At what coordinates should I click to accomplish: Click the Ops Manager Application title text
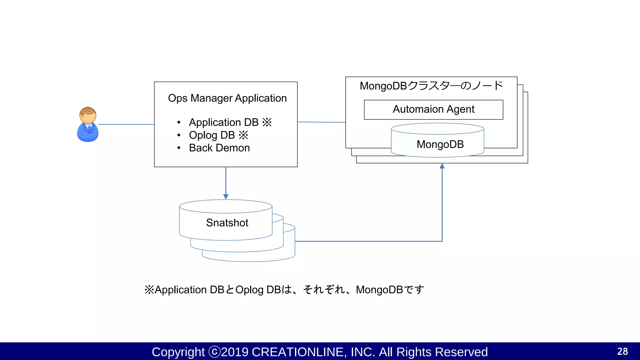tap(227, 98)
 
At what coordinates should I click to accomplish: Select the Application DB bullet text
tap(223, 122)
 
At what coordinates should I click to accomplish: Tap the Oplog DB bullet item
tap(212, 135)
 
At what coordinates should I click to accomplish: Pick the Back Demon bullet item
tap(219, 148)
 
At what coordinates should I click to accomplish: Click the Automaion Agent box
tap(433, 109)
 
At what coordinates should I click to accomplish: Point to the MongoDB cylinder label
tap(440, 144)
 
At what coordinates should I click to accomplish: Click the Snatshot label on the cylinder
tap(227, 223)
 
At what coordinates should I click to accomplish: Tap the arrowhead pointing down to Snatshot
tap(226, 197)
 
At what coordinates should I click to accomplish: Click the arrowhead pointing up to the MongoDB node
tap(442, 166)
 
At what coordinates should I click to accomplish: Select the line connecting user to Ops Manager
tap(126, 124)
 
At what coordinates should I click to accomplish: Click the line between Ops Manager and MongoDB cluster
tap(321, 122)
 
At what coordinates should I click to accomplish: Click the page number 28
tap(622, 352)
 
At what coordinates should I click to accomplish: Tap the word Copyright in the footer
tap(178, 352)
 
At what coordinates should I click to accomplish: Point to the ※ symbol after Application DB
tap(267, 122)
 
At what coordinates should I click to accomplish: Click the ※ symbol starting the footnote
tap(149, 290)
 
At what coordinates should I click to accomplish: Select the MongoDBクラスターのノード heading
tap(431, 86)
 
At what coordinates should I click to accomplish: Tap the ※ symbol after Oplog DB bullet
tap(243, 135)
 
